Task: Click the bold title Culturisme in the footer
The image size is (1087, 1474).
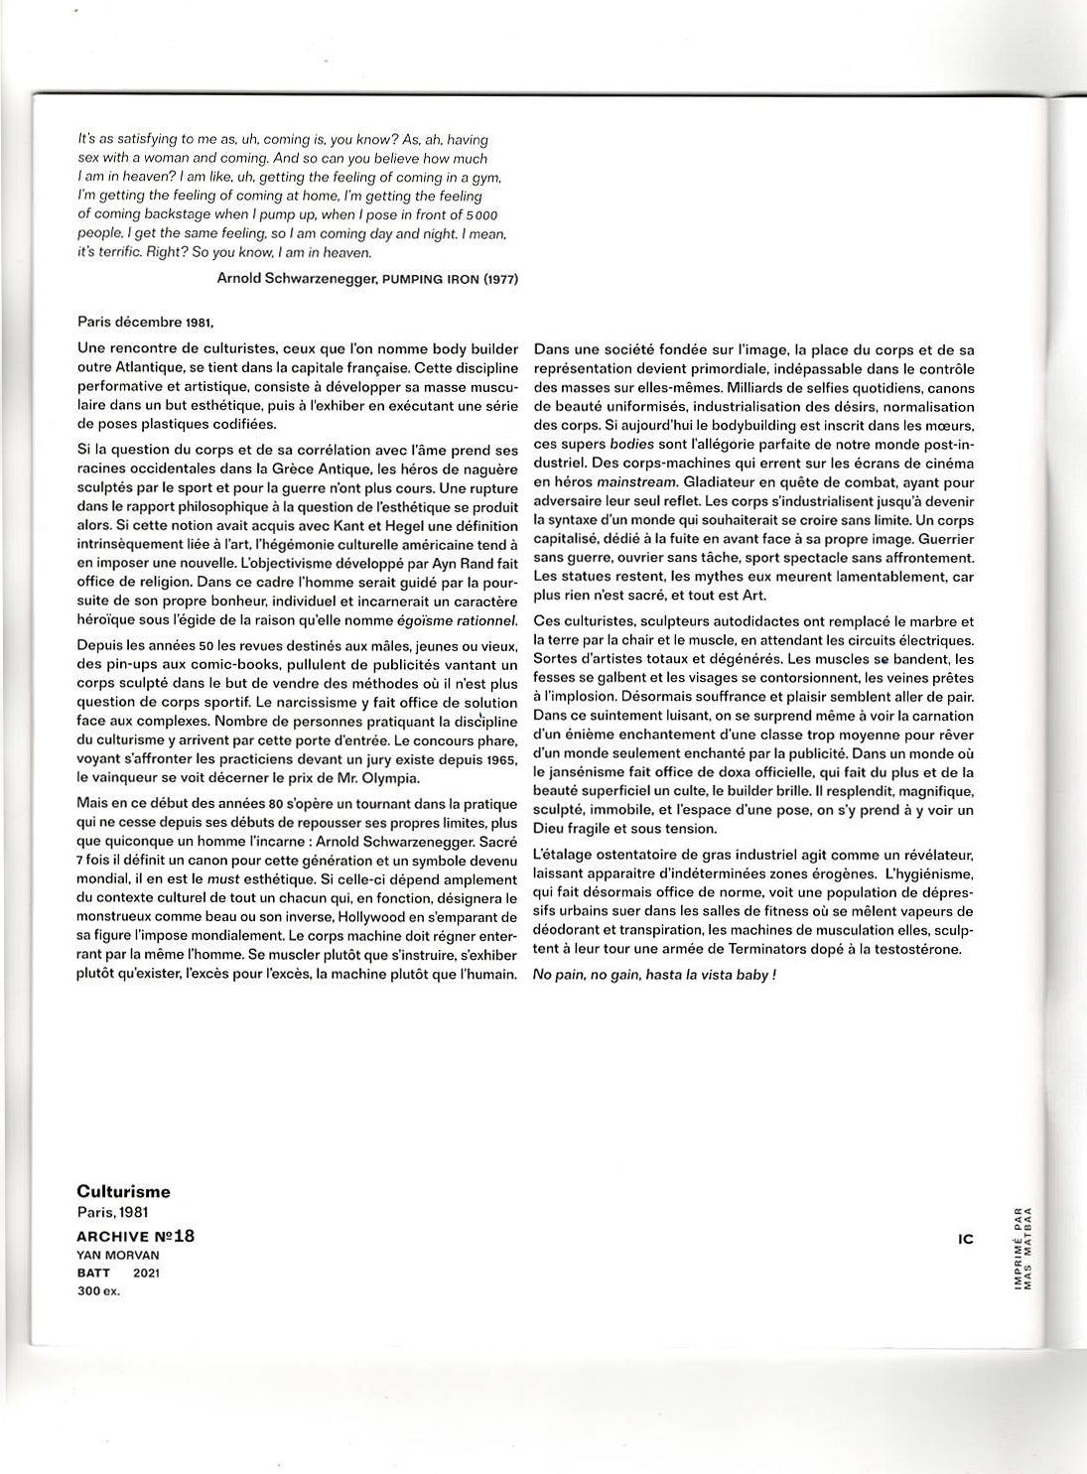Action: coord(123,1191)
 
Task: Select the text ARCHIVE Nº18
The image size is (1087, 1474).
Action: coord(136,1236)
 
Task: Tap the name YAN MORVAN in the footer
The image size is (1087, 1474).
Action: coord(117,1255)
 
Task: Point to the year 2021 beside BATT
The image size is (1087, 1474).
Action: coord(146,1273)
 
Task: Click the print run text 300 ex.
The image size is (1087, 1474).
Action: coord(98,1290)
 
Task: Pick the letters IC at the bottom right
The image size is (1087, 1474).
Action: coord(966,1239)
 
